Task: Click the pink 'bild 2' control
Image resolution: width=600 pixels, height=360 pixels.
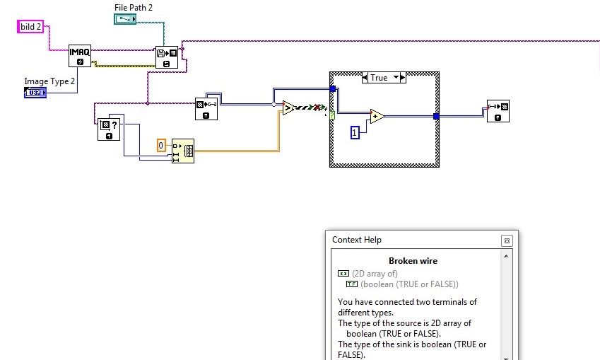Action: click(x=31, y=27)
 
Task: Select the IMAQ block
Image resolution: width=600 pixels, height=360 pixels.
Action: click(x=80, y=55)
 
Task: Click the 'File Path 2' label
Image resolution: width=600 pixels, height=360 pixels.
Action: click(x=134, y=7)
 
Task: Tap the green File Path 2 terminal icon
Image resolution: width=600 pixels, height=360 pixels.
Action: click(x=126, y=19)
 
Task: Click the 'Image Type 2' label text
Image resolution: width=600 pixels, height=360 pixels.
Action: click(x=49, y=81)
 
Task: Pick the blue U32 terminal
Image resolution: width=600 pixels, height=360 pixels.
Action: click(x=35, y=93)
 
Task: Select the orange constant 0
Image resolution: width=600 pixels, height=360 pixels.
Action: click(x=160, y=145)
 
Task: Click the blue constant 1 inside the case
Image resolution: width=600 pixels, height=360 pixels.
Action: click(x=355, y=132)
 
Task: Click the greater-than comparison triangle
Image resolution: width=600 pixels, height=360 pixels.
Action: click(x=289, y=108)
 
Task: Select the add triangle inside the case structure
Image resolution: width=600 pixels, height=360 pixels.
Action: click(x=377, y=117)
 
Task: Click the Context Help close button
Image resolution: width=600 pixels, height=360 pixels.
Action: click(x=507, y=240)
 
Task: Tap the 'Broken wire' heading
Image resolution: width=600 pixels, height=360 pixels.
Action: click(x=413, y=261)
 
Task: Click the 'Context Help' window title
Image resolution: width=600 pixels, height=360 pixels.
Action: click(x=357, y=240)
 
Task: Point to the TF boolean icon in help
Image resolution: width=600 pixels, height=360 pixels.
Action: click(x=352, y=284)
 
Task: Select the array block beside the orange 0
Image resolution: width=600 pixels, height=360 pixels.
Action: click(x=182, y=151)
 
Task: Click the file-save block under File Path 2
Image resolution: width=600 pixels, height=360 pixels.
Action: click(x=167, y=57)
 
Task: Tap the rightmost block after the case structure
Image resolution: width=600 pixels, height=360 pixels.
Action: click(x=498, y=111)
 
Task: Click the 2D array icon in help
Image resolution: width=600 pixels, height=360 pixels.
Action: click(x=343, y=274)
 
